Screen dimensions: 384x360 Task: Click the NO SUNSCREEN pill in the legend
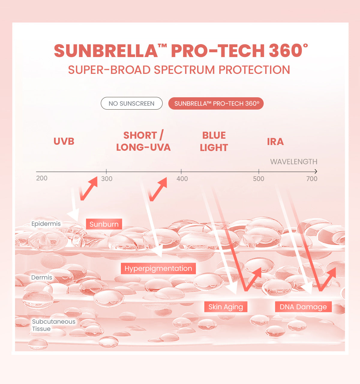[131, 104]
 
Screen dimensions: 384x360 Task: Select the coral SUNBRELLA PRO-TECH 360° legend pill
[216, 104]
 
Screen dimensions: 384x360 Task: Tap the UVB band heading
[64, 141]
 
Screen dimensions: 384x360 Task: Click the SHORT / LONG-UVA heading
[143, 141]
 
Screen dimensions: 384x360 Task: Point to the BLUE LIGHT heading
[214, 141]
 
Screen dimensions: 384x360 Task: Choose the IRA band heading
[275, 142]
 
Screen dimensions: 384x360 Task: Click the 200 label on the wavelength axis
[42, 178]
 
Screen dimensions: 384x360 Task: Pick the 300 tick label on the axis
[106, 179]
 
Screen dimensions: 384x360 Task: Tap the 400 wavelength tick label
[182, 179]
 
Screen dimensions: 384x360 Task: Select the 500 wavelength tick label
[258, 179]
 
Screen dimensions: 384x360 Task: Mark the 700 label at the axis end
[312, 179]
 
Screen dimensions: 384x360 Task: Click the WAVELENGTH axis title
[294, 162]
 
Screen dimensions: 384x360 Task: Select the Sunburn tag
[104, 224]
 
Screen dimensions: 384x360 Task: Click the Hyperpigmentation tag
[158, 268]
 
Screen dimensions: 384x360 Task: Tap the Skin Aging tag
[226, 307]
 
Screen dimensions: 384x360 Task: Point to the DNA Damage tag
[303, 307]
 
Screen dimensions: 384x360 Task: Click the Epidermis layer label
[46, 224]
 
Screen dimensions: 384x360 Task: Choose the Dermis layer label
[42, 277]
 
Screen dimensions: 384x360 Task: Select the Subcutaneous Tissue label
[53, 325]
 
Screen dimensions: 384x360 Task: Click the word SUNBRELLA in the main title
[106, 51]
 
